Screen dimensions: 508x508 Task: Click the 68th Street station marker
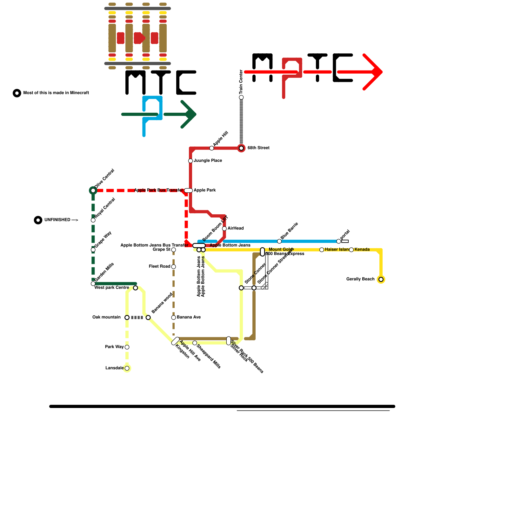[241, 148]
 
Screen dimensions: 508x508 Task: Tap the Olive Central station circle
[93, 190]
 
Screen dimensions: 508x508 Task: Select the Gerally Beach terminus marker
[381, 279]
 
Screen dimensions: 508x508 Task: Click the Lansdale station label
[114, 368]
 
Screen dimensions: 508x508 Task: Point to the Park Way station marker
[127, 347]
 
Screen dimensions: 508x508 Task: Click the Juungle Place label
[208, 161]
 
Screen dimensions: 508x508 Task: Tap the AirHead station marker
[224, 229]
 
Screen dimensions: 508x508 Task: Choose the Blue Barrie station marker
[279, 241]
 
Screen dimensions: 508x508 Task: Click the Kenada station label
[362, 250]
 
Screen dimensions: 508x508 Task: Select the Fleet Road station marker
[174, 267]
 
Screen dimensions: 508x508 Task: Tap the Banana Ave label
[189, 317]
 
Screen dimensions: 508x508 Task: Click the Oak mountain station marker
[127, 317]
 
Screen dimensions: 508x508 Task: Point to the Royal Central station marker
[93, 220]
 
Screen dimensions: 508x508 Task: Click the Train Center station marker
[241, 97]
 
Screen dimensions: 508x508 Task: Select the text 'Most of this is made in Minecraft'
[56, 93]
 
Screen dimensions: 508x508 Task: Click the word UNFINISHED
[57, 220]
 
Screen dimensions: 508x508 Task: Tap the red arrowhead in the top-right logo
[376, 72]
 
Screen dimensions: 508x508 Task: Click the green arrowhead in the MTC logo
[190, 114]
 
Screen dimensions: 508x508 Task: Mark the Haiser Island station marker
[322, 250]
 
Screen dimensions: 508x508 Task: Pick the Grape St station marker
[174, 250]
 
